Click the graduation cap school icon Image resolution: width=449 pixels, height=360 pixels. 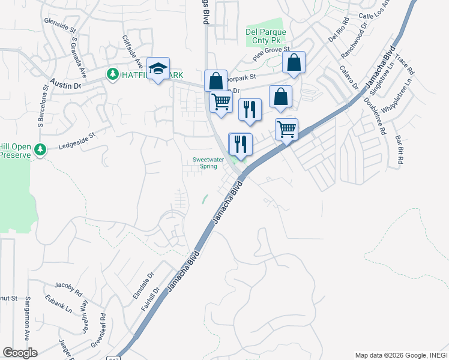(158, 70)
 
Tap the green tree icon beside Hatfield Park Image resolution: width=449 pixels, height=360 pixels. (112, 74)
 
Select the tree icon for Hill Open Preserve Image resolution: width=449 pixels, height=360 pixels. (40, 149)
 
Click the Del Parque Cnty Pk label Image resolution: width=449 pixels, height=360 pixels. (266, 37)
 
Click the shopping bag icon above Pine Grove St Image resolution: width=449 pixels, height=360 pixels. (294, 62)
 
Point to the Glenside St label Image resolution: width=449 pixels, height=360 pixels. (60, 25)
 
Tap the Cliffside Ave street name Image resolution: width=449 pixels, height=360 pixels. (133, 52)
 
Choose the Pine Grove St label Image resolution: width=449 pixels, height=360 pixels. (271, 53)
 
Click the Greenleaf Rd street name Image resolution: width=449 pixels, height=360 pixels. (99, 330)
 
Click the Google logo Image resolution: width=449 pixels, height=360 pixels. (20, 353)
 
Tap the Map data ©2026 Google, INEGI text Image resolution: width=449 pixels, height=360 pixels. (400, 355)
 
